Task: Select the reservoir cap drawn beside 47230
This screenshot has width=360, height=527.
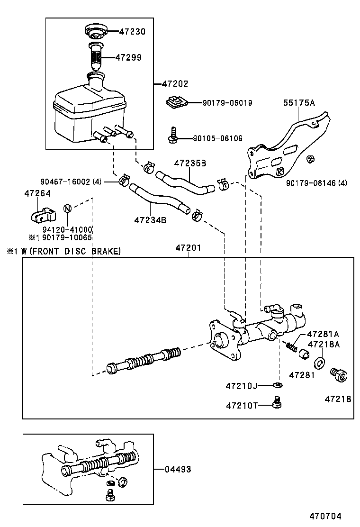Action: pyautogui.click(x=95, y=32)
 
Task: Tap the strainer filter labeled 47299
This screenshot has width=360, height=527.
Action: pyautogui.click(x=95, y=57)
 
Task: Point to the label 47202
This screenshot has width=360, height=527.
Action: pyautogui.click(x=175, y=84)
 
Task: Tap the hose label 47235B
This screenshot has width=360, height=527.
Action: pyautogui.click(x=190, y=163)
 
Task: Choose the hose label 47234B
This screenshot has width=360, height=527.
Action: pyautogui.click(x=150, y=220)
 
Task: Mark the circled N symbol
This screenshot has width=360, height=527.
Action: pyautogui.click(x=67, y=209)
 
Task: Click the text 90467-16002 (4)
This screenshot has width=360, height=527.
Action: pyautogui.click(x=71, y=182)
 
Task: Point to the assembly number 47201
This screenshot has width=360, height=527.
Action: pyautogui.click(x=188, y=248)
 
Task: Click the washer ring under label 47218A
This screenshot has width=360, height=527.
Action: pyautogui.click(x=320, y=363)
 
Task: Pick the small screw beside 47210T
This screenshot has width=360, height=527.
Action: pyautogui.click(x=278, y=403)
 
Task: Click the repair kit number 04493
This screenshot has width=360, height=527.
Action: pyautogui.click(x=178, y=469)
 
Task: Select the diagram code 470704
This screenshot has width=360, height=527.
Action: pyautogui.click(x=325, y=516)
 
